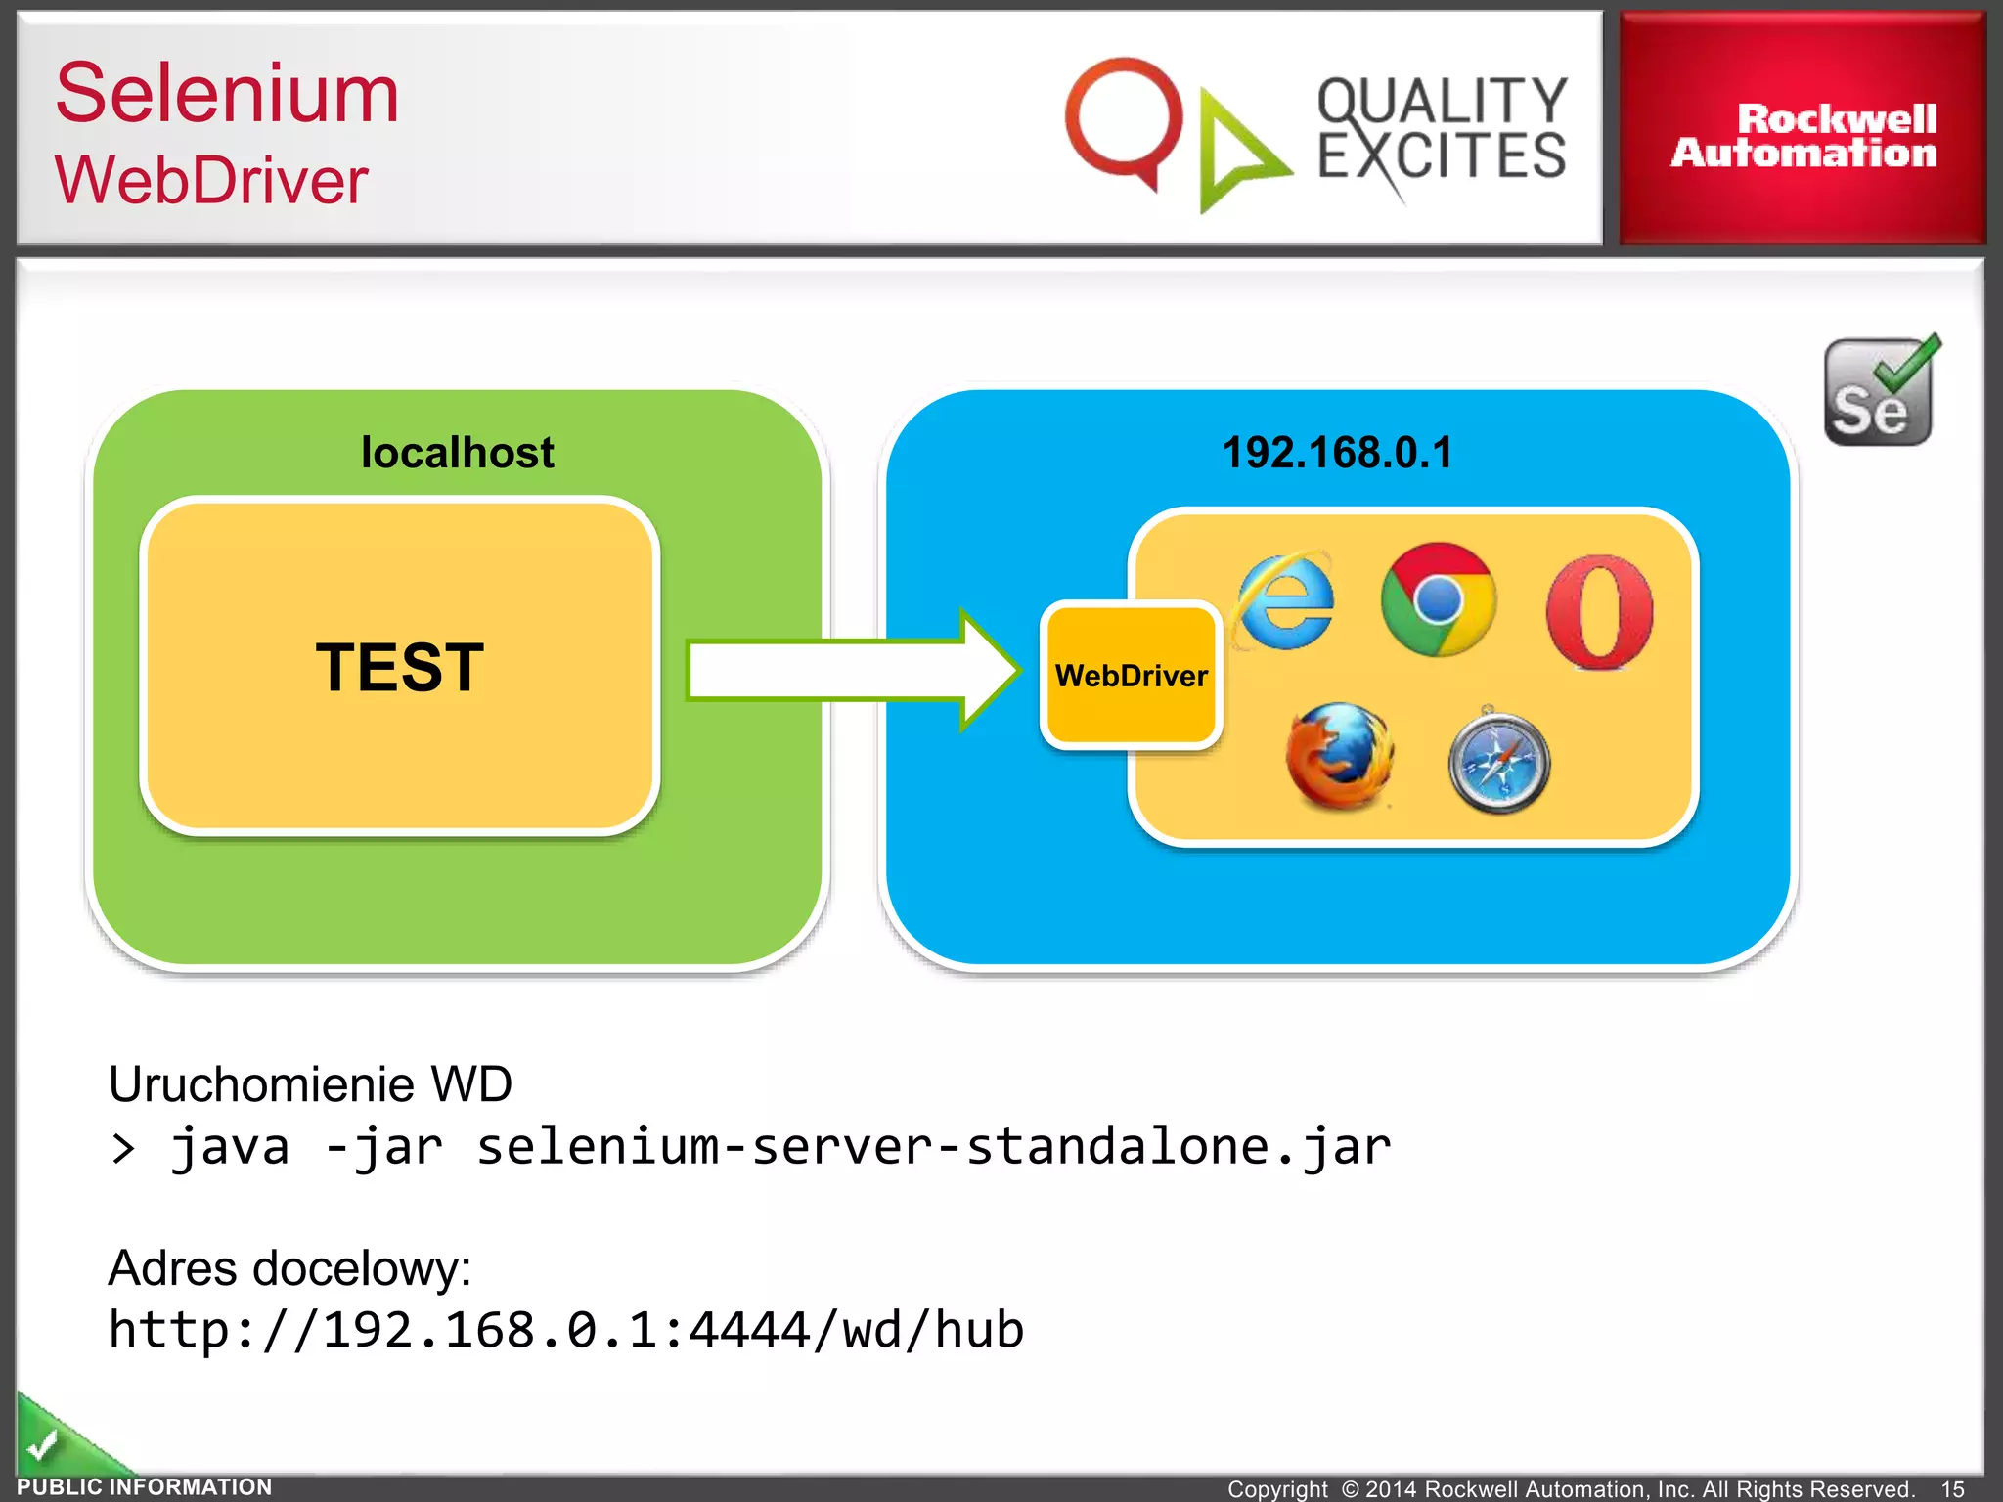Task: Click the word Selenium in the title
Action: pyautogui.click(x=227, y=94)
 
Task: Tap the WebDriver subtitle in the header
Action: pyautogui.click(x=211, y=181)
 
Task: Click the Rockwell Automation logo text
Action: pyautogui.click(x=1803, y=135)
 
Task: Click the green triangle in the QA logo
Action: pyautogui.click(x=1236, y=153)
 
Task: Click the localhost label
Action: pyautogui.click(x=457, y=453)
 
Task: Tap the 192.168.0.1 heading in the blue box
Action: pyautogui.click(x=1337, y=453)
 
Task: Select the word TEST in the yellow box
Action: pyautogui.click(x=399, y=668)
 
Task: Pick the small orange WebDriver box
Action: pyautogui.click(x=1131, y=675)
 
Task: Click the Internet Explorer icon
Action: pyautogui.click(x=1284, y=600)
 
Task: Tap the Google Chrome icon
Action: pyautogui.click(x=1438, y=599)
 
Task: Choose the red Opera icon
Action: pyautogui.click(x=1599, y=612)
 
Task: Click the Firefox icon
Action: pyautogui.click(x=1339, y=756)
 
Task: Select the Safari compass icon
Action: pyautogui.click(x=1498, y=763)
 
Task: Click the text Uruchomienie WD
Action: pyautogui.click(x=310, y=1084)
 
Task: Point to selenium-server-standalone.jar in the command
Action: pyautogui.click(x=933, y=1146)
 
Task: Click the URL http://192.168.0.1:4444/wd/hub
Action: pyautogui.click(x=565, y=1330)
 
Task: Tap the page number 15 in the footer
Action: pyautogui.click(x=1952, y=1488)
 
